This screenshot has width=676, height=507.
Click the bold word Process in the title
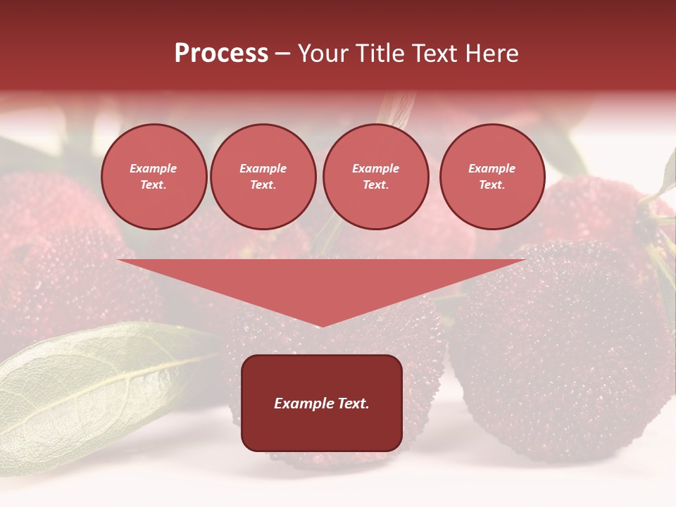pos(221,54)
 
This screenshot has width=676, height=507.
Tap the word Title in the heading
pos(379,54)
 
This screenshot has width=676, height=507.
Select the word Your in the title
pos(323,54)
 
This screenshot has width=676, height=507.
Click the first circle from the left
pos(154,177)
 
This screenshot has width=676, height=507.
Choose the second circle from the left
pos(263,177)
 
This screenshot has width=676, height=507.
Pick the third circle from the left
pos(376,177)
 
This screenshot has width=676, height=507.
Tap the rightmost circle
pos(492,177)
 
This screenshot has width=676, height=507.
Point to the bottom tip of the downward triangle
pos(321,326)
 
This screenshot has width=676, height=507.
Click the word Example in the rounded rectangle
pos(303,403)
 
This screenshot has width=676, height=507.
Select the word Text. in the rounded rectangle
pos(352,403)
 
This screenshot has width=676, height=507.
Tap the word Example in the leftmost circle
pos(154,168)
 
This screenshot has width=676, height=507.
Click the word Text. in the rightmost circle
pos(492,185)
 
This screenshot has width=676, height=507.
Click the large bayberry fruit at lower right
pos(563,352)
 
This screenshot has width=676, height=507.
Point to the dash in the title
pos(282,54)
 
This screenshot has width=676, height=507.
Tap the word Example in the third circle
pos(376,168)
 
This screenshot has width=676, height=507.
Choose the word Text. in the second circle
pos(263,185)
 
